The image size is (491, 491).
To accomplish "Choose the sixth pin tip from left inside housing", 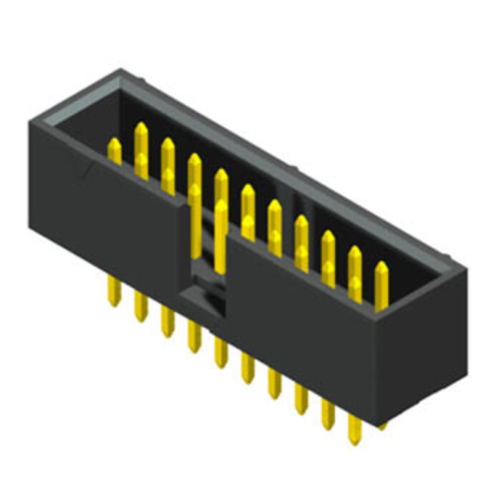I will tap(247, 194).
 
